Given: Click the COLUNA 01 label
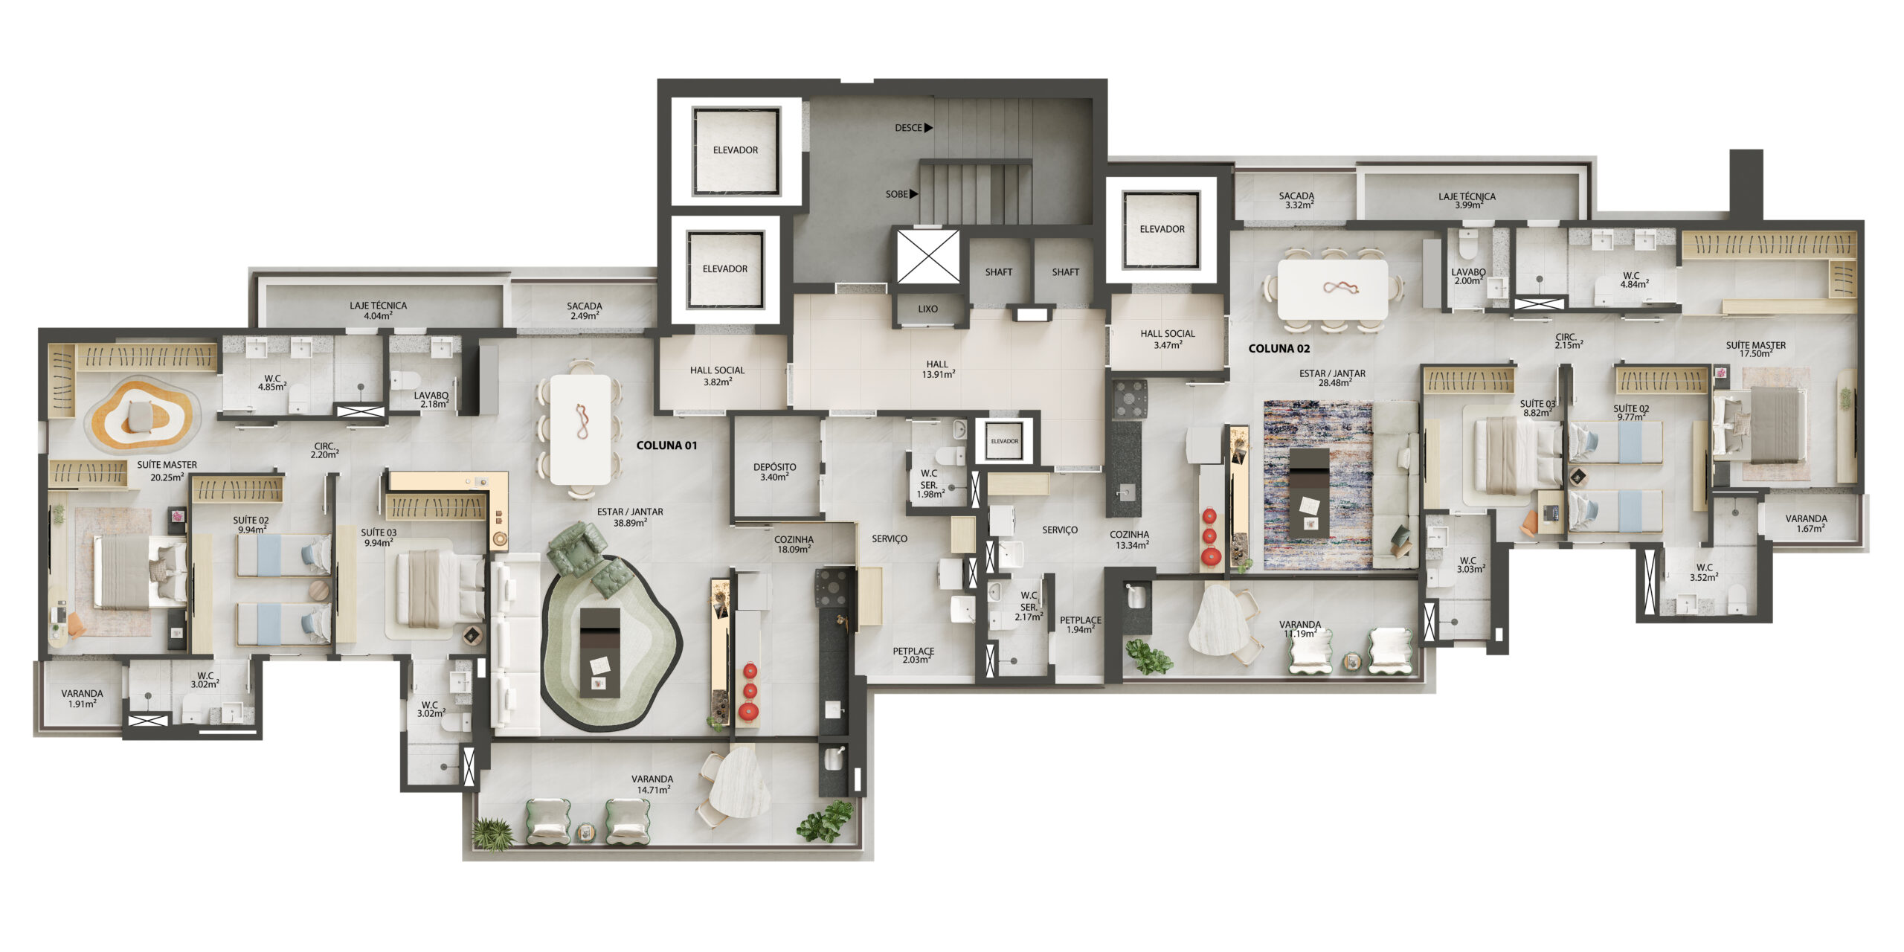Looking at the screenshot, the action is pos(666,446).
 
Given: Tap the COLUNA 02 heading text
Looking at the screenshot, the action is pos(1279,348).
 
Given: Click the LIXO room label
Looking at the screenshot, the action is pos(927,309).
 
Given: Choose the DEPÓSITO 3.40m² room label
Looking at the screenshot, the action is pos(774,472).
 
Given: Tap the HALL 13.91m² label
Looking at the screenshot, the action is pos(938,370).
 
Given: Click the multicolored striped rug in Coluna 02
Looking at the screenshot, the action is pos(1318,485).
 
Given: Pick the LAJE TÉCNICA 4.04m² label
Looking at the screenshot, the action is pos(378,310).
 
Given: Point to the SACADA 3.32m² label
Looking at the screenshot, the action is pos(1296,201).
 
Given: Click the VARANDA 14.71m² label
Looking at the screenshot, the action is pos(652,785).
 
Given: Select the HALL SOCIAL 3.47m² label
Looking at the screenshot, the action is pos(1168,339).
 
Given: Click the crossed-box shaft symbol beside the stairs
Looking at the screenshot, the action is pos(927,257).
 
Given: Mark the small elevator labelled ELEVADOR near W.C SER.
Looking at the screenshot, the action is pos(1004,441).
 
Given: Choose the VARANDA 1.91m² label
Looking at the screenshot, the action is pos(82,698).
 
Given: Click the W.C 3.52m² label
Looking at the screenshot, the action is pos(1704,572).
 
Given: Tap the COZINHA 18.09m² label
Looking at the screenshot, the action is pos(794,544).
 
